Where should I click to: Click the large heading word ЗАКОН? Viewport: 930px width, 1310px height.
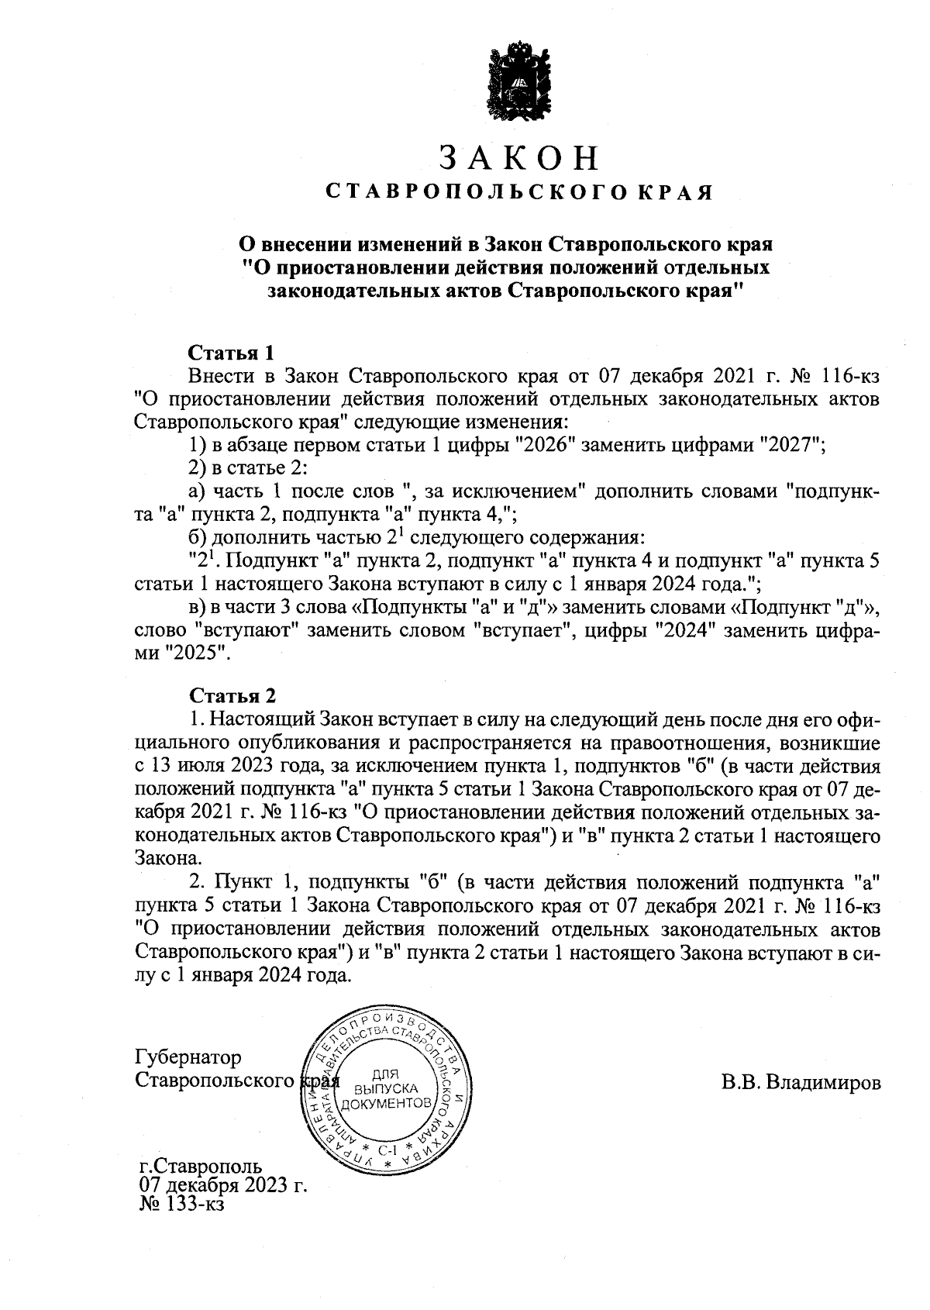(519, 157)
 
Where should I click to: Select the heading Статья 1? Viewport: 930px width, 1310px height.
(232, 353)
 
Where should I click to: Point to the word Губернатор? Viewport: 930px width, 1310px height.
(188, 1057)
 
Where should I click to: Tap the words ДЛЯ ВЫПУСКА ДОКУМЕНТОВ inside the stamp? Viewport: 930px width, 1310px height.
(385, 1088)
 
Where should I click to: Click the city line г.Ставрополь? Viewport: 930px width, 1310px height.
(200, 1166)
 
